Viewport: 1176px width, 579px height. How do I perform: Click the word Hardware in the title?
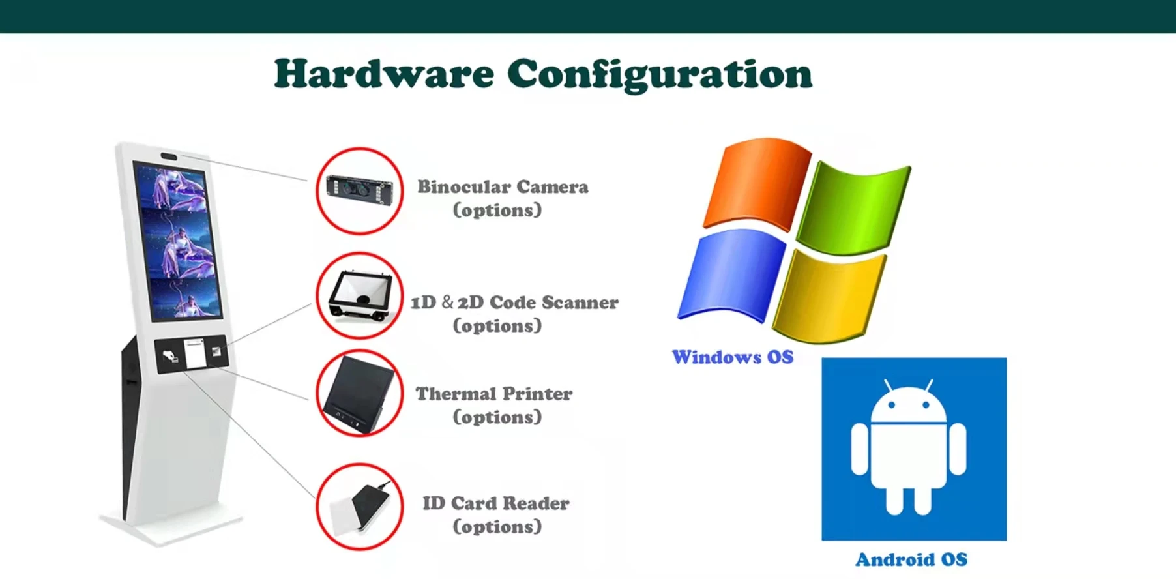pos(384,74)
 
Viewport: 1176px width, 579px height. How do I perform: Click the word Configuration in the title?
pos(659,75)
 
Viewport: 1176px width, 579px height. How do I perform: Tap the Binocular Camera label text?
pos(503,187)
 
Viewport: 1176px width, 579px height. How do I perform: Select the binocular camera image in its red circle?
pos(360,190)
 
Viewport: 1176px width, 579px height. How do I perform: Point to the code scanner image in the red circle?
pos(360,295)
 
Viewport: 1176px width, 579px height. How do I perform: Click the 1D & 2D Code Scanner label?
pos(514,303)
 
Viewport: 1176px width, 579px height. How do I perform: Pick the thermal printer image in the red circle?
pos(360,393)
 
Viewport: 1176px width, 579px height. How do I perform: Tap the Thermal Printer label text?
pos(494,394)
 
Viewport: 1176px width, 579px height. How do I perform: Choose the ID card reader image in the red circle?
pos(360,507)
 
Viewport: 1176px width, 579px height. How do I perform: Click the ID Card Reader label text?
pos(496,503)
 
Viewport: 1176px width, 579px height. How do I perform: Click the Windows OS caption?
pos(733,357)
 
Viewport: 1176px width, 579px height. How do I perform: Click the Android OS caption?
pos(911,559)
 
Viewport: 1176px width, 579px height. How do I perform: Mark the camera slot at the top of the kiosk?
pos(169,156)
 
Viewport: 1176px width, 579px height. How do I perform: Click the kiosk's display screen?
pos(177,241)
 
